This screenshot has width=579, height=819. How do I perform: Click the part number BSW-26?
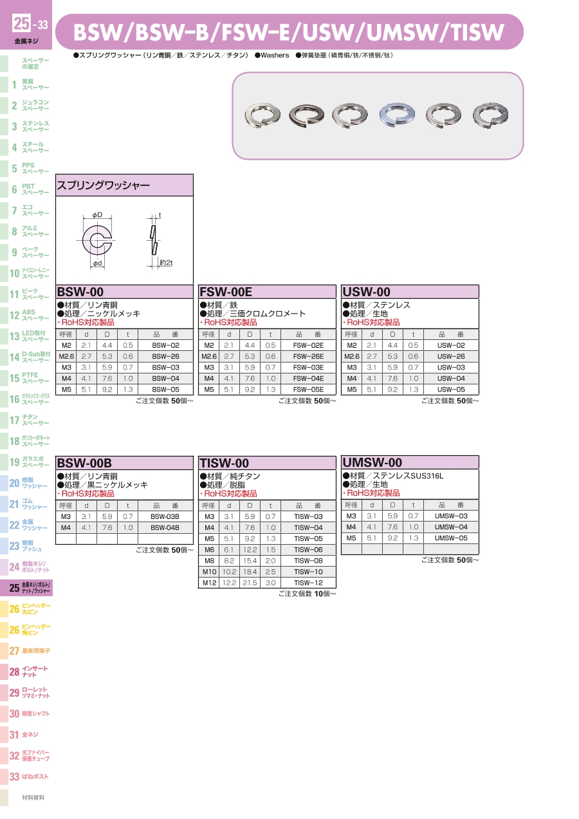pyautogui.click(x=165, y=356)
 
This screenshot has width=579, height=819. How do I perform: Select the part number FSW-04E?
pyautogui.click(x=308, y=379)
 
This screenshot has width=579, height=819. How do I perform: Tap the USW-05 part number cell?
pyautogui.click(x=451, y=390)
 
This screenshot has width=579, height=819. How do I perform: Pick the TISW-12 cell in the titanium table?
pyautogui.click(x=308, y=583)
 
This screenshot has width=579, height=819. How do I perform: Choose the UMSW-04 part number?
pyautogui.click(x=451, y=527)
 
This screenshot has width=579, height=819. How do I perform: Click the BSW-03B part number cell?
pyautogui.click(x=165, y=516)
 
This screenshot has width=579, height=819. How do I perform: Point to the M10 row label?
pyautogui.click(x=209, y=572)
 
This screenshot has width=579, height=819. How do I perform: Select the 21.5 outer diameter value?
pyautogui.click(x=250, y=583)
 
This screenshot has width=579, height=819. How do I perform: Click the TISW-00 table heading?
pyautogui.click(x=225, y=463)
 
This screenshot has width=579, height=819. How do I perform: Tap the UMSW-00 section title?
pyautogui.click(x=372, y=462)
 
